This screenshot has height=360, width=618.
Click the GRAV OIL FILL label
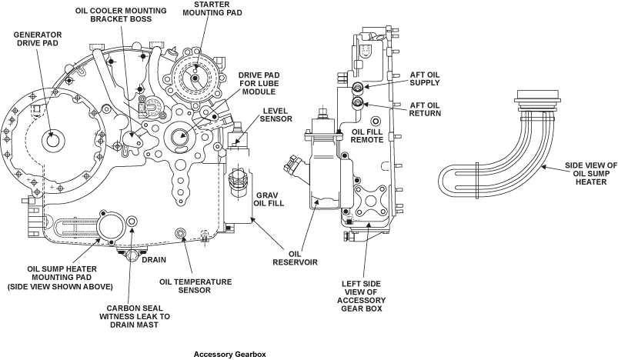click(x=270, y=200)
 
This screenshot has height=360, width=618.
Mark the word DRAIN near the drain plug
click(x=154, y=259)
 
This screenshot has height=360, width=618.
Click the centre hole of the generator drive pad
click(x=52, y=141)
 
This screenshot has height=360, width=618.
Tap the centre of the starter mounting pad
click(x=195, y=78)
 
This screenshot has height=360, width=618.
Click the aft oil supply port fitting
click(x=357, y=88)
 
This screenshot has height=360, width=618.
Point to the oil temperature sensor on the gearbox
click(x=181, y=233)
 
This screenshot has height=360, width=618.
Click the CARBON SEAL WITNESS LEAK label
click(x=138, y=316)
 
